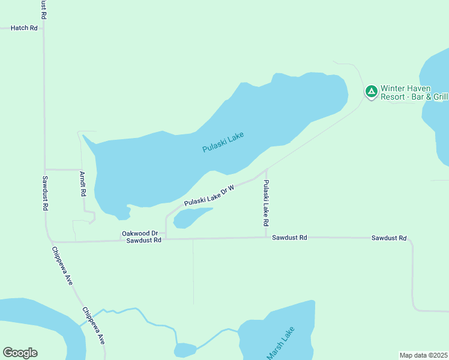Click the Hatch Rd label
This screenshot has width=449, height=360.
pos(24,28)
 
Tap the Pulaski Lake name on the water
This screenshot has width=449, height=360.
pos(223,142)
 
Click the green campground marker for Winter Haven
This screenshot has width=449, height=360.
pos(372,92)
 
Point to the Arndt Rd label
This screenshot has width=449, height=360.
pos(83,185)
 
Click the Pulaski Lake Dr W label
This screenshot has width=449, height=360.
pos(208,196)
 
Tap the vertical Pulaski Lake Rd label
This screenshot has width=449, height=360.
pos(266,203)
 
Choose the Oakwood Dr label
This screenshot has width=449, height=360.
pos(139,233)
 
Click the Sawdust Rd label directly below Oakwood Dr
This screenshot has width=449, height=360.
pos(144,240)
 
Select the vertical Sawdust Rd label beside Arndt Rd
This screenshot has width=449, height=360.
pos(45,193)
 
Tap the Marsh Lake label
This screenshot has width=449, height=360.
pos(281,343)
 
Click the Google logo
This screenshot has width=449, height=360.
pos(20,353)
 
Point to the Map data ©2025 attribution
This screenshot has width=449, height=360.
pos(424,355)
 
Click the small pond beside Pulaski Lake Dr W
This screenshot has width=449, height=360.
pos(190,218)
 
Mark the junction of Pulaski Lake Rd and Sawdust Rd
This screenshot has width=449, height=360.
pos(266,237)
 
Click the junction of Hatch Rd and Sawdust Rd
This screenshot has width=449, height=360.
pos(43,28)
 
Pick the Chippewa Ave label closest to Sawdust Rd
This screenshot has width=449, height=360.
pos(62,265)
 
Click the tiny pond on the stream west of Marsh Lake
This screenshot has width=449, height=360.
pos(185,350)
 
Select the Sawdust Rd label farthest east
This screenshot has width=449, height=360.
pos(389,238)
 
